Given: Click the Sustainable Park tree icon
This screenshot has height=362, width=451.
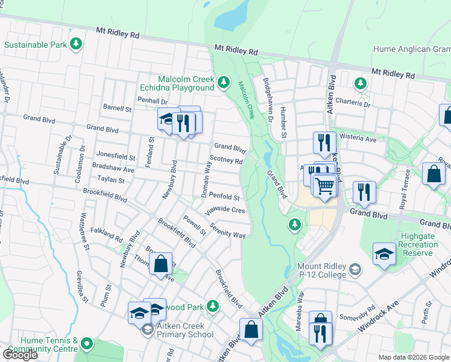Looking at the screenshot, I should (76, 44).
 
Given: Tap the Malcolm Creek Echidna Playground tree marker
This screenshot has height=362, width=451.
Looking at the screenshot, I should (224, 81).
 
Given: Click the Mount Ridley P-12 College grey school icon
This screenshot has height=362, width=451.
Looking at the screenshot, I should (356, 269).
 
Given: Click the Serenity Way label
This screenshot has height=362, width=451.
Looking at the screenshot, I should (227, 230).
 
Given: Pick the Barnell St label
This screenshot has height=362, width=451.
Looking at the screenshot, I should (117, 109).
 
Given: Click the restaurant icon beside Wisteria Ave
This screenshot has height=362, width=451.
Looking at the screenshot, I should (325, 142).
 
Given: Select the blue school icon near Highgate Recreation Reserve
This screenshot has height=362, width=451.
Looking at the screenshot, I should (384, 253).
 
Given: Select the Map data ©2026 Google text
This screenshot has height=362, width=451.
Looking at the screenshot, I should (413, 357).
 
